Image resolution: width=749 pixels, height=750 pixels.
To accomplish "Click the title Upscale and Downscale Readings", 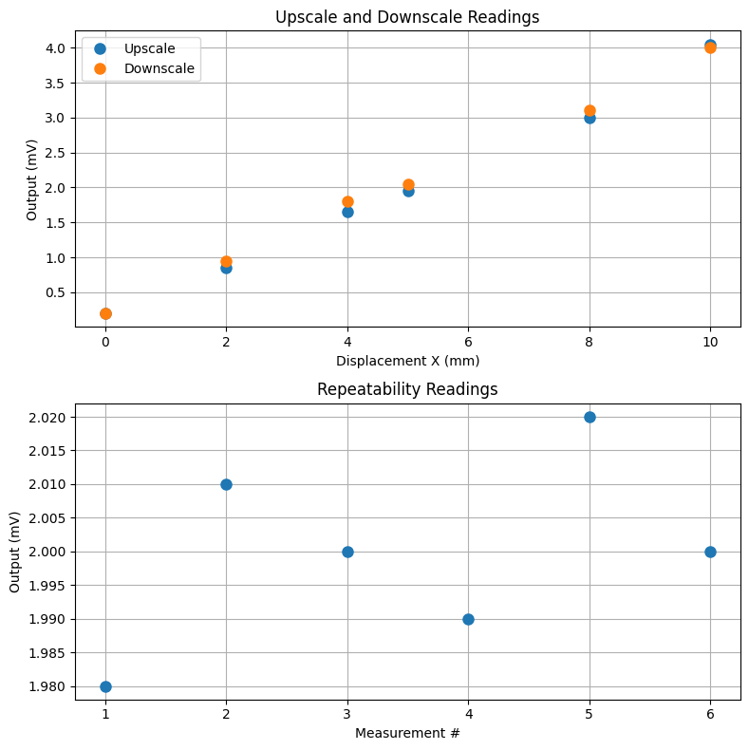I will coord(407,16).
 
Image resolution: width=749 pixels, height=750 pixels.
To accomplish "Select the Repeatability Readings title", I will coord(407,389).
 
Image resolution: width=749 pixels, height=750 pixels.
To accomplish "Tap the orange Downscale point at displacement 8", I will coord(590,111).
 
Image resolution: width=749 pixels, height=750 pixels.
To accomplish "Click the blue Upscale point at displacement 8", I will coord(590,119).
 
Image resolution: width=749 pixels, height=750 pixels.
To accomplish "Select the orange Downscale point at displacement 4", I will coord(347,201).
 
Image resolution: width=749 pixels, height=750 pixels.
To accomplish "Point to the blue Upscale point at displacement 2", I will coord(226,269).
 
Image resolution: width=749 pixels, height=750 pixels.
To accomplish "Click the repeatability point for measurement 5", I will coord(590,417).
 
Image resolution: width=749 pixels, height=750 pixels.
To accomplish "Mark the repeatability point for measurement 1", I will coord(105,686).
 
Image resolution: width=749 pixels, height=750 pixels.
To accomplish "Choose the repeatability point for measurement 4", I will coord(468,619).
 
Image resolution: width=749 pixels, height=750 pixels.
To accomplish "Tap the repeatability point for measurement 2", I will coord(226,484).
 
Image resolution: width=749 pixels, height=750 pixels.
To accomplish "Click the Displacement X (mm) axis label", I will coord(407,361).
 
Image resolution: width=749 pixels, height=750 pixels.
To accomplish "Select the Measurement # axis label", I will coord(407,733).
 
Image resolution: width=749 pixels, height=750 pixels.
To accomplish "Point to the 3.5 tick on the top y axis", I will coord(54,84).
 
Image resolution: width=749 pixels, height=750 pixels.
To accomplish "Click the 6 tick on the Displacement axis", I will coord(468,342).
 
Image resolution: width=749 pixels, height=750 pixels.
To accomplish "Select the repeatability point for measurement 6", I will coord(710,552).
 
